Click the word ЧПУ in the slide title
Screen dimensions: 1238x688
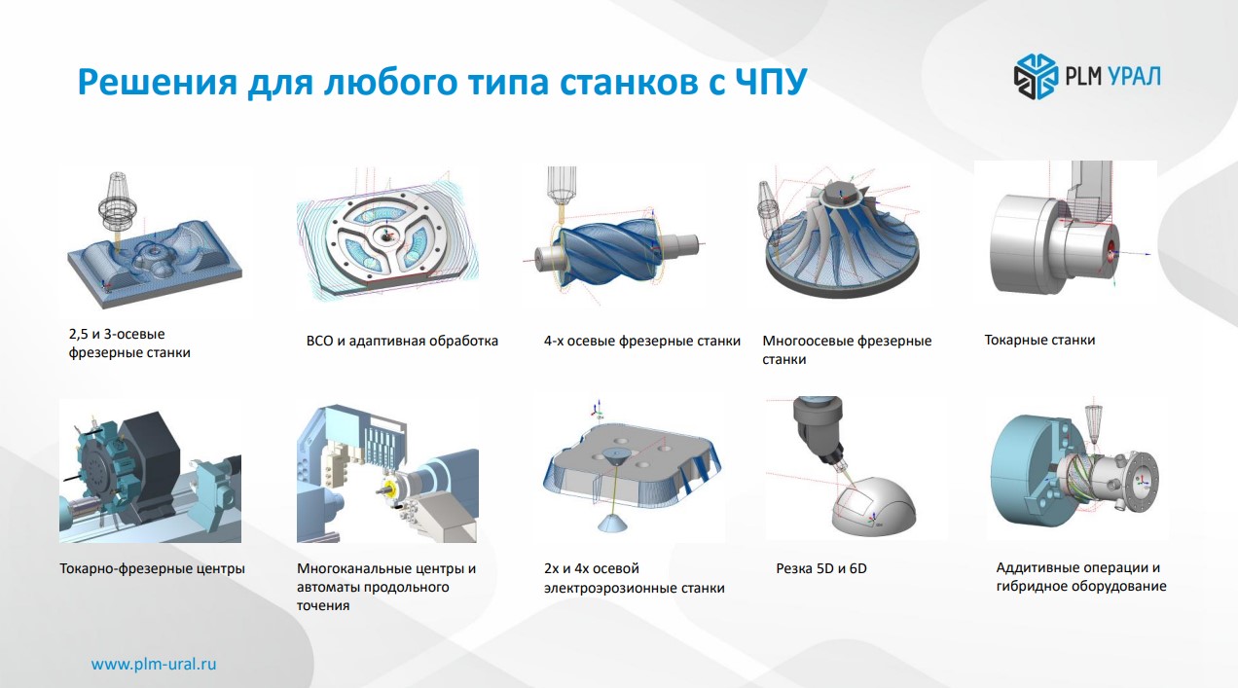pyautogui.click(x=771, y=81)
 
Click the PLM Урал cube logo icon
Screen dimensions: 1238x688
pyautogui.click(x=1036, y=77)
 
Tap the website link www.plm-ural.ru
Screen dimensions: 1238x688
pyautogui.click(x=154, y=665)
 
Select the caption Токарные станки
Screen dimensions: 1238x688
pyautogui.click(x=1039, y=340)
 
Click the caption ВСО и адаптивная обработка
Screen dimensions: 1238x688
pyautogui.click(x=402, y=341)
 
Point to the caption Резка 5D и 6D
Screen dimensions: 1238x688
pyautogui.click(x=821, y=568)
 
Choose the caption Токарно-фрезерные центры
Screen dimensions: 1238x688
pyautogui.click(x=152, y=569)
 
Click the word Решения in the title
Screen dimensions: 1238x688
pyautogui.click(x=158, y=81)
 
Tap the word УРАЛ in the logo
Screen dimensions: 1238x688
pyautogui.click(x=1134, y=76)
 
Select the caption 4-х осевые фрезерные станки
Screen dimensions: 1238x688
pyautogui.click(x=642, y=341)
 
